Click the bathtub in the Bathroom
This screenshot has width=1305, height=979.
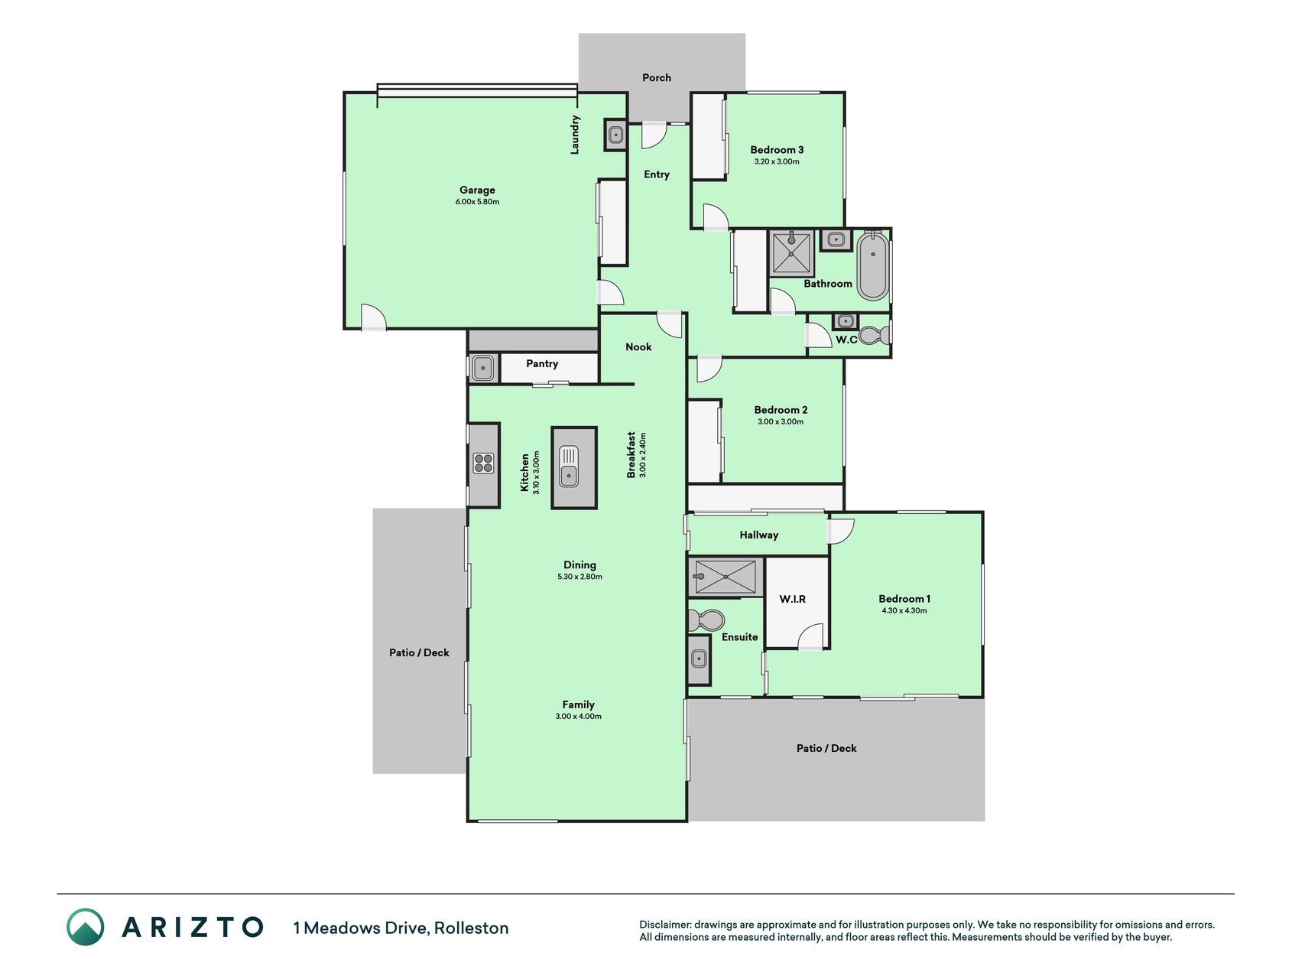coord(872,266)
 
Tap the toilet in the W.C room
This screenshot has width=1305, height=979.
coord(874,335)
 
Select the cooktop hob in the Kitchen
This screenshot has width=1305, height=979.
coord(483,463)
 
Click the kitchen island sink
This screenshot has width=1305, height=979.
coord(569,467)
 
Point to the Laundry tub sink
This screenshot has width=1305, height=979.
coord(615,135)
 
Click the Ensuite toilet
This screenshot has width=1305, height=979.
coord(706,619)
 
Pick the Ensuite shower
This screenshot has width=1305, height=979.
coord(726,577)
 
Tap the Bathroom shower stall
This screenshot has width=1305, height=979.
coord(791,252)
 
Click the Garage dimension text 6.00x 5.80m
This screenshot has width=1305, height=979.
coord(477,202)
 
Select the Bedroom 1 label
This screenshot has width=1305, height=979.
coord(904,599)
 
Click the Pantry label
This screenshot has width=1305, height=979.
coord(542,364)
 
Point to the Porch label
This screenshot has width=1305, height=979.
coord(657,77)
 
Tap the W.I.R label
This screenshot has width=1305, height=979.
coord(793,599)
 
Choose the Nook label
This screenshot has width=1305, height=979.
coord(638,347)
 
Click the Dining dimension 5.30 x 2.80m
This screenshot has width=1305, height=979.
coord(579,577)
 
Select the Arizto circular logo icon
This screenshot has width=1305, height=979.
coord(85,927)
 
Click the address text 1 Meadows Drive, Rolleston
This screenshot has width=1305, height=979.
coord(401,928)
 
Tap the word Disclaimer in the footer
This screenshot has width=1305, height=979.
coord(664,925)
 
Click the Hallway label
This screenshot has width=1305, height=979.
coord(759,535)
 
